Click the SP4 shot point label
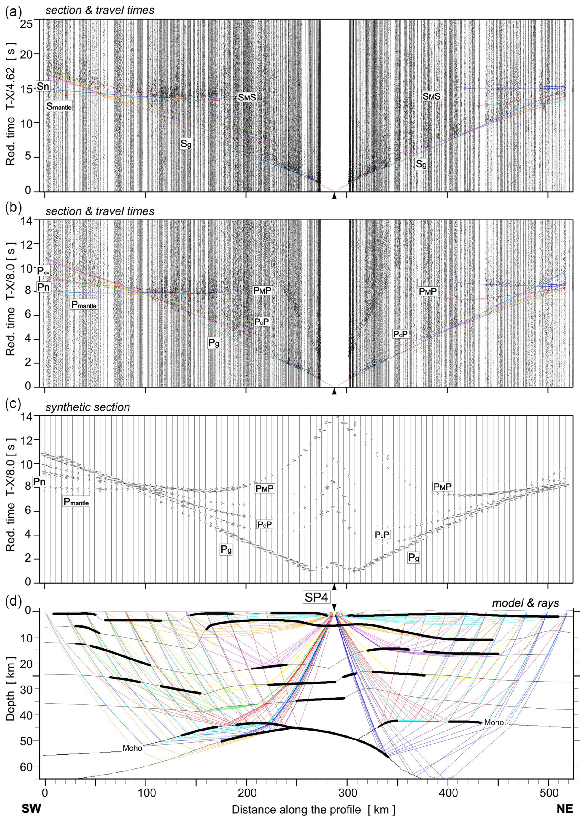click(316, 598)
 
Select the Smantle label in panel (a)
click(59, 106)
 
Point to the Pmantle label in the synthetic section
click(76, 501)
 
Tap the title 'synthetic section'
click(88, 407)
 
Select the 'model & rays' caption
click(525, 603)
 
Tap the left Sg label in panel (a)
click(186, 144)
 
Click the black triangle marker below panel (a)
click(334, 196)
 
